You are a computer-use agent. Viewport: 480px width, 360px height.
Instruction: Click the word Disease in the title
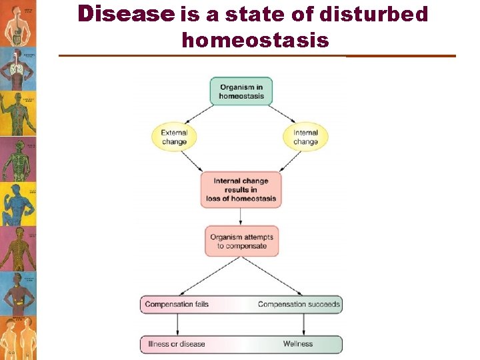(x=125, y=14)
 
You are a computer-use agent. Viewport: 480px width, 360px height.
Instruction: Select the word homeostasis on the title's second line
(x=255, y=41)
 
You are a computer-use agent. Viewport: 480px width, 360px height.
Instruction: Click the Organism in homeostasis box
(x=241, y=91)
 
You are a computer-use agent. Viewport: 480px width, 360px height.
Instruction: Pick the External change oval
(x=175, y=137)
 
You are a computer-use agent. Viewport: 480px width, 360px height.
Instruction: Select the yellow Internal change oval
(x=305, y=137)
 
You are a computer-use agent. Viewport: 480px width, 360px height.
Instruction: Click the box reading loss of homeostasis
(x=241, y=190)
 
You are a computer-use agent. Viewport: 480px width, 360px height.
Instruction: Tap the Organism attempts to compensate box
(x=241, y=241)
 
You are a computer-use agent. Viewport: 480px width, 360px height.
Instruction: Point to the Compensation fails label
(x=177, y=305)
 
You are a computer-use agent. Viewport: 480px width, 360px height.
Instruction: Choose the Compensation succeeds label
(x=299, y=305)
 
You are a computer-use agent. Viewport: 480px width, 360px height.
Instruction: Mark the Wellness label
(x=297, y=344)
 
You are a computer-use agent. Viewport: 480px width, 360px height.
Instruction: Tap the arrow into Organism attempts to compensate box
(x=241, y=216)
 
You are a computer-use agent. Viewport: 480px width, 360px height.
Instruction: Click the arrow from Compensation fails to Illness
(x=177, y=324)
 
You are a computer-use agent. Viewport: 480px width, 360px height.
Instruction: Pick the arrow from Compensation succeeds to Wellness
(x=304, y=324)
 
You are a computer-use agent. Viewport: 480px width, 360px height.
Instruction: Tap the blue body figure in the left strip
(x=17, y=203)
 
